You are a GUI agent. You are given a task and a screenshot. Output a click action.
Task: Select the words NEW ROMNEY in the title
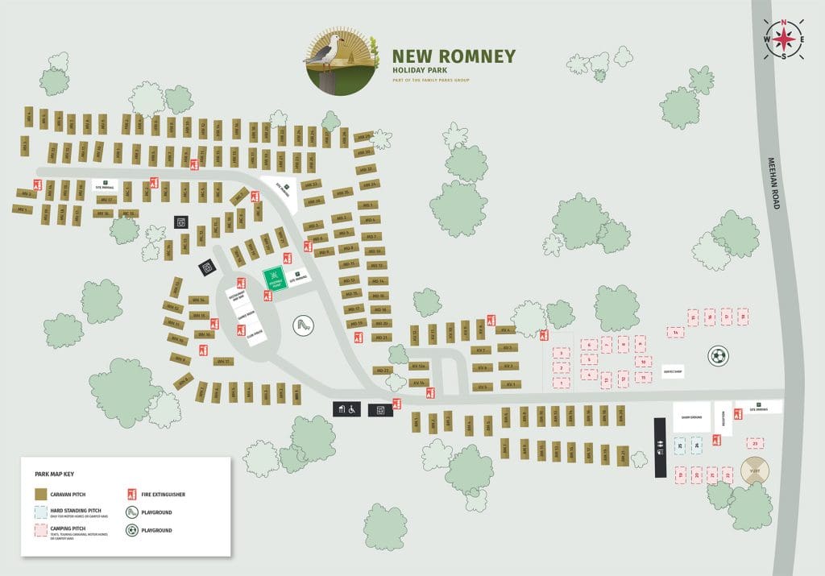tap(453, 56)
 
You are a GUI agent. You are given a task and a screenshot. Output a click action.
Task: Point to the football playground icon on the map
tap(718, 355)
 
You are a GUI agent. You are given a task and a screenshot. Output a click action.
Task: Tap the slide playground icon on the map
tap(303, 325)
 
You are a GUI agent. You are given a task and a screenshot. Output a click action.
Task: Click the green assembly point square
tap(275, 279)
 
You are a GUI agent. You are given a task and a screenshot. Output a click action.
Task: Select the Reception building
tap(723, 419)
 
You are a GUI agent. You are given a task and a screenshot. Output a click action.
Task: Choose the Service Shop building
tap(673, 372)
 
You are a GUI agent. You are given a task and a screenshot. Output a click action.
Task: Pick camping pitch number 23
tap(755, 443)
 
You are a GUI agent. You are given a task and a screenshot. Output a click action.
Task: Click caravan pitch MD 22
tap(383, 371)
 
